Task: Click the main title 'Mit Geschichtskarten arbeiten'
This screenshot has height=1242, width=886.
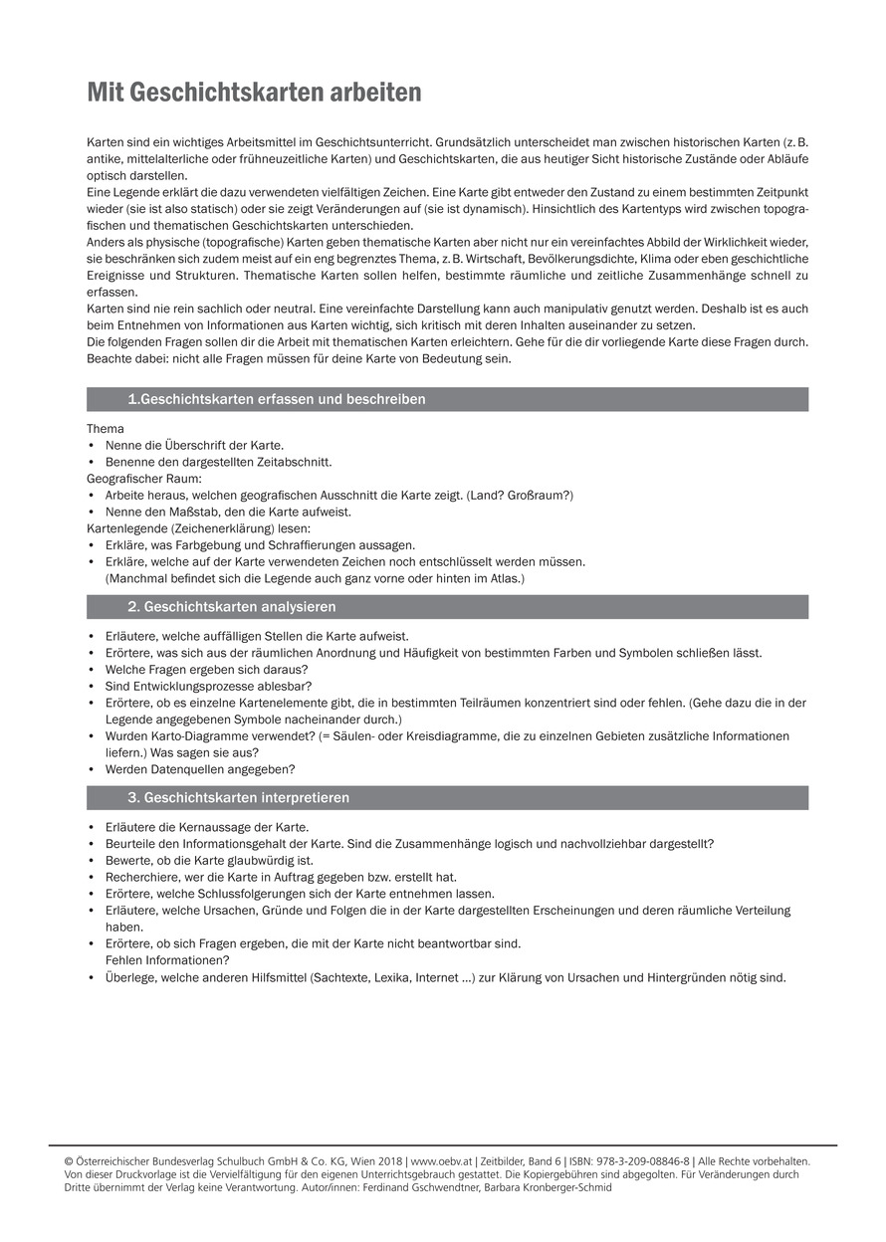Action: point(254,93)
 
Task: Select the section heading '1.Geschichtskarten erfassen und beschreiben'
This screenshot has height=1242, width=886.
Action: point(276,399)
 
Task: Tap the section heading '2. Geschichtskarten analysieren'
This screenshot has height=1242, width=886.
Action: point(231,606)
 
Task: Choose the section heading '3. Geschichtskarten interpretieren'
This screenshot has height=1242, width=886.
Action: point(238,798)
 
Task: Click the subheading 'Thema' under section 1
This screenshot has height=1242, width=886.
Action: point(106,429)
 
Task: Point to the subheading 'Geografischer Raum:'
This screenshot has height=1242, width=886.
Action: point(144,479)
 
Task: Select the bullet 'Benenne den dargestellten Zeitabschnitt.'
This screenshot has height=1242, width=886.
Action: point(218,462)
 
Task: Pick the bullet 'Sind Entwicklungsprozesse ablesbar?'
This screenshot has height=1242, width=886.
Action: point(208,686)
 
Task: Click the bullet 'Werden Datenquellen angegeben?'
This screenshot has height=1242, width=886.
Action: point(200,768)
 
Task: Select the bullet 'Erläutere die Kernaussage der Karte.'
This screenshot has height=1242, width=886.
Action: point(207,827)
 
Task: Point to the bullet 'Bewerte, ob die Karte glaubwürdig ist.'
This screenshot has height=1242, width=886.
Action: point(209,860)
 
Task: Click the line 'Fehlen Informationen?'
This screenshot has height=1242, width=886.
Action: point(167,959)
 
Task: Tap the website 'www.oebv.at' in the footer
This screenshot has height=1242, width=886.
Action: point(440,1160)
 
